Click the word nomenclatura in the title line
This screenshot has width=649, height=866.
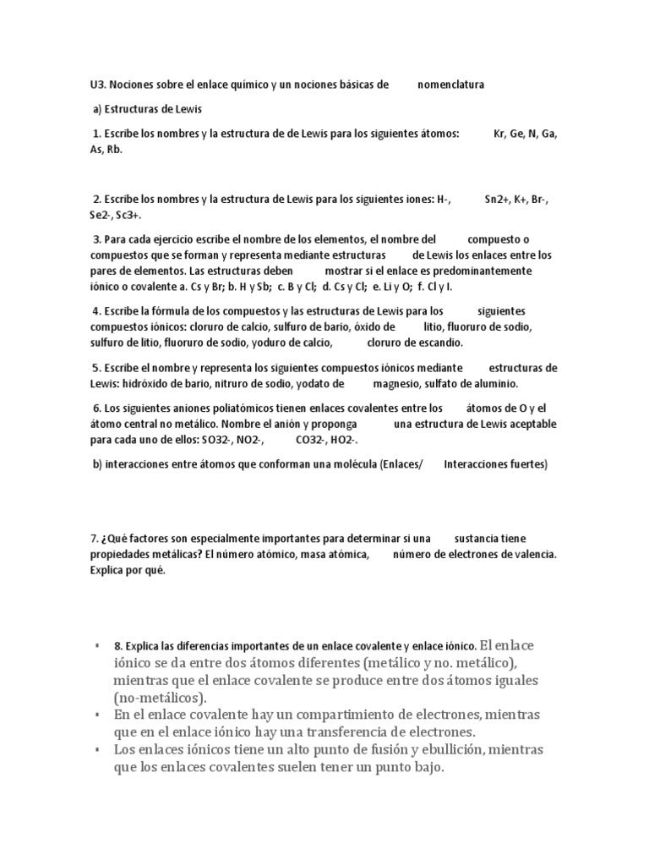coord(451,85)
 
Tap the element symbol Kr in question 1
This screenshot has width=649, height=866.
coord(499,134)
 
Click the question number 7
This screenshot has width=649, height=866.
coord(94,538)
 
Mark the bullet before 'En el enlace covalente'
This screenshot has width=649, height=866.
coord(99,715)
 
